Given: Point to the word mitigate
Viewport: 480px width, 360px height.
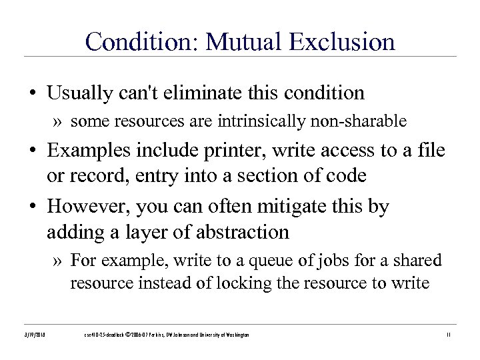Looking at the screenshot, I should pyautogui.click(x=289, y=206).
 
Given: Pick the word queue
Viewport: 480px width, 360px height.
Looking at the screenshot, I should pyautogui.click(x=261, y=259).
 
